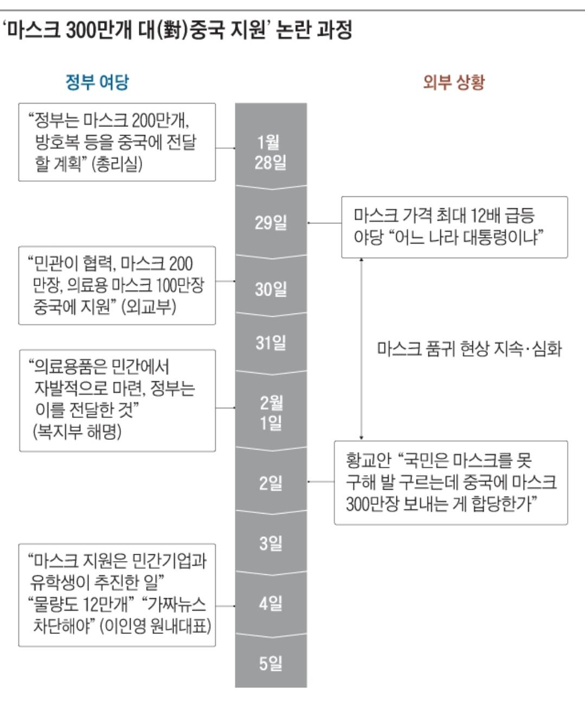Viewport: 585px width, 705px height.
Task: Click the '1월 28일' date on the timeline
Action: (x=271, y=152)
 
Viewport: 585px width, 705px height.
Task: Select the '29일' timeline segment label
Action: (x=271, y=222)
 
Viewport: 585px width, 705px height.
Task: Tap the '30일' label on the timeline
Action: (x=271, y=289)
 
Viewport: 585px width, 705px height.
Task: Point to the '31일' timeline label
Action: (x=271, y=343)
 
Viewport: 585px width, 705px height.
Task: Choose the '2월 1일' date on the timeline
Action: (x=271, y=412)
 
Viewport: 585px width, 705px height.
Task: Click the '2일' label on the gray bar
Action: (x=271, y=483)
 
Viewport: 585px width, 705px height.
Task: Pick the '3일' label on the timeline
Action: (x=271, y=543)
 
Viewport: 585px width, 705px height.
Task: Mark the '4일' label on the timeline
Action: (x=271, y=603)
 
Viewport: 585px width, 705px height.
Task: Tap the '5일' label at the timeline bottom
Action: (x=271, y=663)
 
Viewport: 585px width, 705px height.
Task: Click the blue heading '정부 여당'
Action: (x=97, y=82)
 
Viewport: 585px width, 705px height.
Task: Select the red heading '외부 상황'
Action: (x=454, y=82)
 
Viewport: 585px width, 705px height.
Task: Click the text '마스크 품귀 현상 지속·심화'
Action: (x=469, y=348)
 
